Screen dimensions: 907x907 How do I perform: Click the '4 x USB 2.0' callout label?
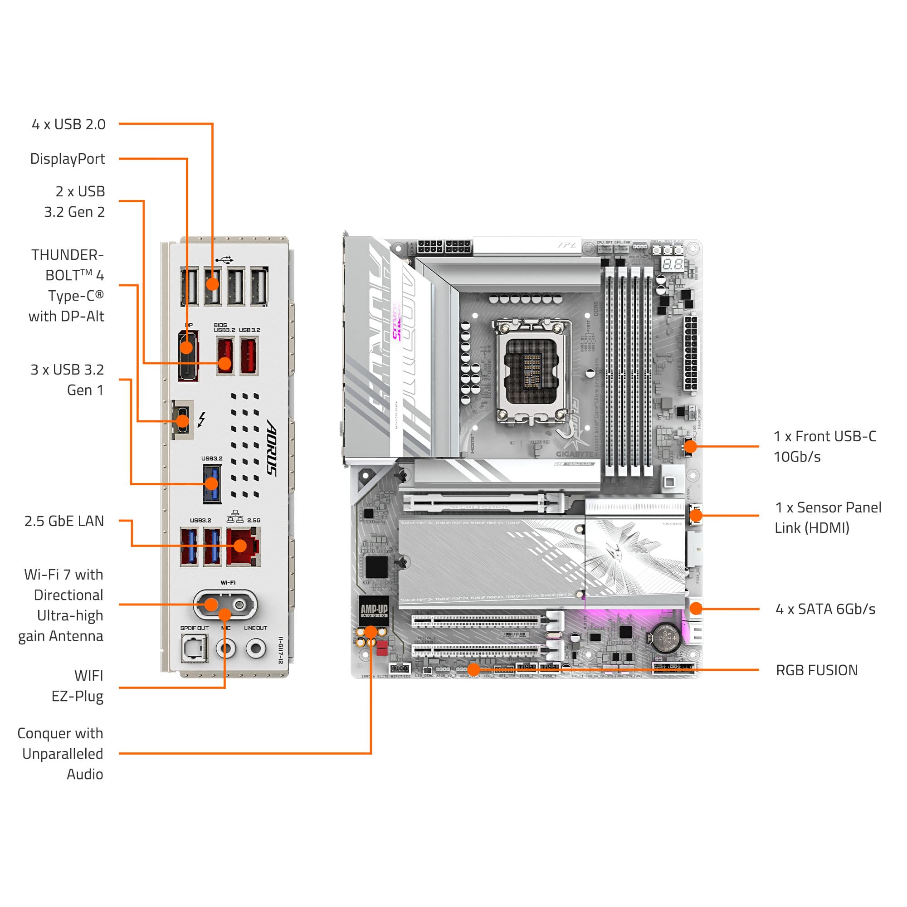pyautogui.click(x=68, y=124)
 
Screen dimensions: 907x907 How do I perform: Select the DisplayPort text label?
pyautogui.click(x=68, y=159)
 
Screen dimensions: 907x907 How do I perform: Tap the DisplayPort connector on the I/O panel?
pyautogui.click(x=188, y=356)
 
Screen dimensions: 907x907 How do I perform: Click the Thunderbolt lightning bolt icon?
pyautogui.click(x=201, y=419)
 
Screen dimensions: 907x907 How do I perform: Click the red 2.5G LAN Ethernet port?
pyautogui.click(x=243, y=546)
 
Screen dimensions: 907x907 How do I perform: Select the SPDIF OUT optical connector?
pyautogui.click(x=195, y=649)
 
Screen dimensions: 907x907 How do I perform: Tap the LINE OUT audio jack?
pyautogui.click(x=256, y=649)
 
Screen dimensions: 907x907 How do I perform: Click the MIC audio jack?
pyautogui.click(x=226, y=649)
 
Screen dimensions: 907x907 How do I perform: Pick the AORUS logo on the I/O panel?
pyautogui.click(x=272, y=449)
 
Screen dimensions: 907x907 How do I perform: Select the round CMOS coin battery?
pyautogui.click(x=665, y=638)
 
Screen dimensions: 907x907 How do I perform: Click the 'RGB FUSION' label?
pyautogui.click(x=816, y=670)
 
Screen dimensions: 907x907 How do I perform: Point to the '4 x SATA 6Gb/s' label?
pyautogui.click(x=825, y=610)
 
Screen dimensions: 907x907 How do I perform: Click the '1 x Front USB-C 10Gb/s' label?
pyautogui.click(x=824, y=446)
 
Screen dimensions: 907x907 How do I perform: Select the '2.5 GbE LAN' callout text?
pyautogui.click(x=64, y=521)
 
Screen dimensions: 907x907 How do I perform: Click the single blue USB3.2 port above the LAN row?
pyautogui.click(x=212, y=483)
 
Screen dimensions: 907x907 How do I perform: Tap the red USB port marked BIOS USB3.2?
pyautogui.click(x=225, y=356)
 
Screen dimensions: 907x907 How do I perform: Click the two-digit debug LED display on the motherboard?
pyautogui.click(x=672, y=264)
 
